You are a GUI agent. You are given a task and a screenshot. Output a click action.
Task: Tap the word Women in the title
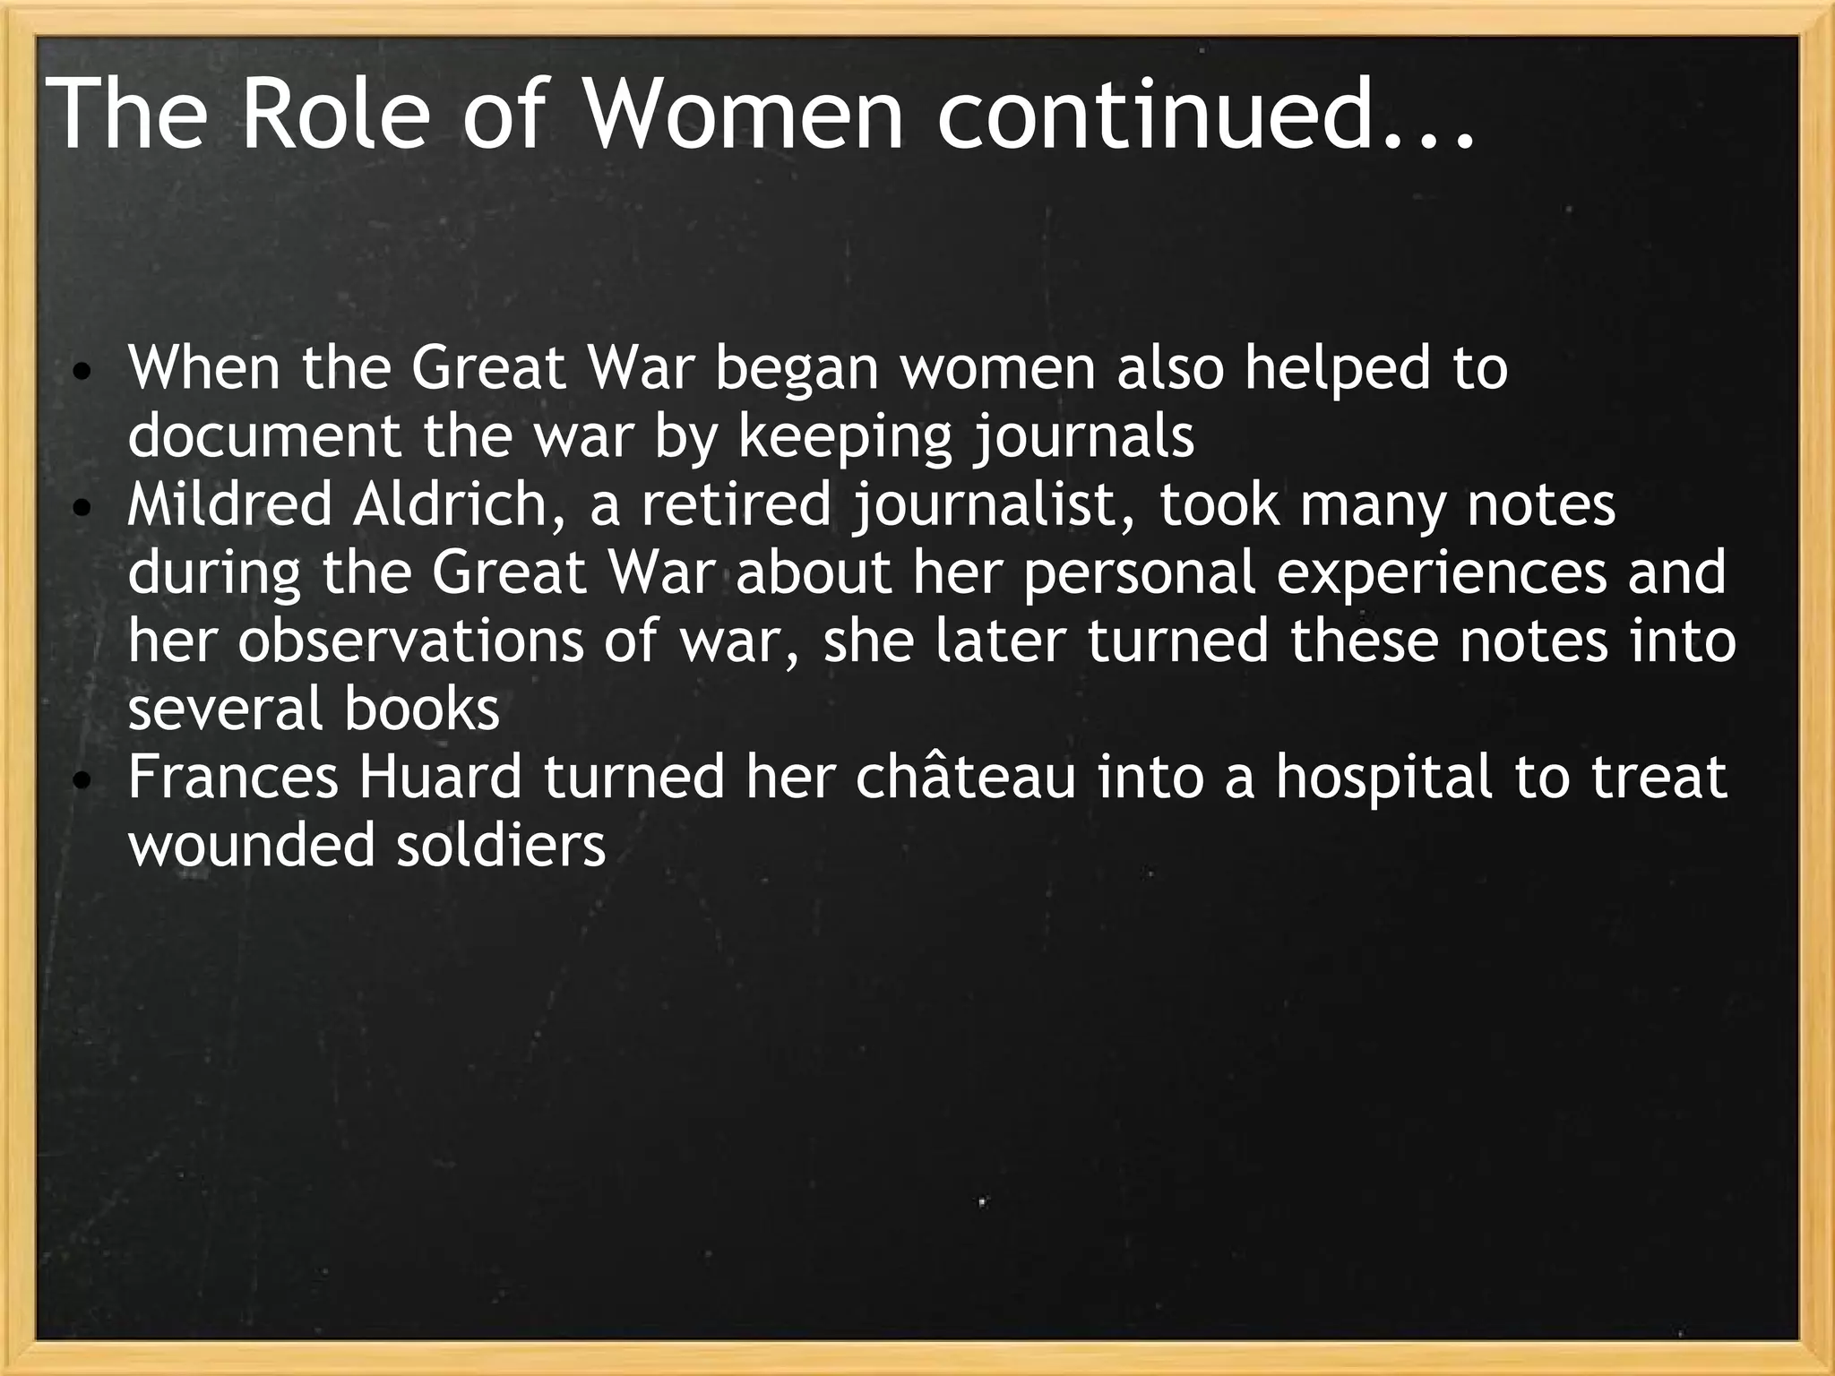(744, 114)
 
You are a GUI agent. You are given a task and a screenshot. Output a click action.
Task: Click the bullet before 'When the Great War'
(81, 371)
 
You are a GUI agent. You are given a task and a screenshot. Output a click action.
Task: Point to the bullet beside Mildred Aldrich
(81, 509)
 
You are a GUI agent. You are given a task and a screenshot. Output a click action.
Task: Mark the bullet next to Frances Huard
(81, 781)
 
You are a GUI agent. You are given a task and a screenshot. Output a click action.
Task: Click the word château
(965, 777)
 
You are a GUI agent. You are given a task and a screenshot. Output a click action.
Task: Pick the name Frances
(233, 777)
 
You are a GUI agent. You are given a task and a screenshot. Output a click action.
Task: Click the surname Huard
(440, 777)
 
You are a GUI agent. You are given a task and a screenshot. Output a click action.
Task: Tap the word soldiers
(501, 845)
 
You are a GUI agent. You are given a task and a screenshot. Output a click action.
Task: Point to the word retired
(737, 504)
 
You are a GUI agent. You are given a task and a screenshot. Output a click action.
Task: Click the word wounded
(251, 845)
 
